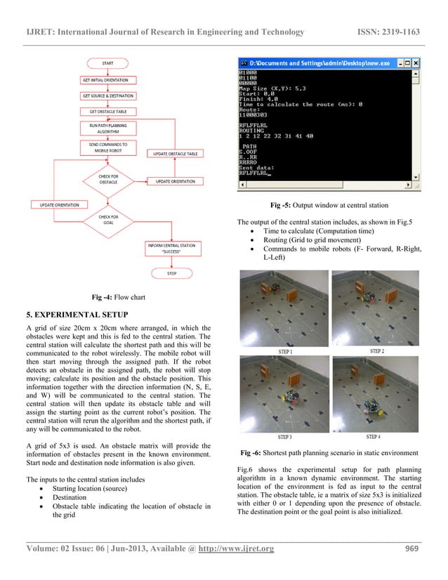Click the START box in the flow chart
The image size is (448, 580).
[x=107, y=63]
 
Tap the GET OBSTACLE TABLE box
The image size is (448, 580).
[x=107, y=111]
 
